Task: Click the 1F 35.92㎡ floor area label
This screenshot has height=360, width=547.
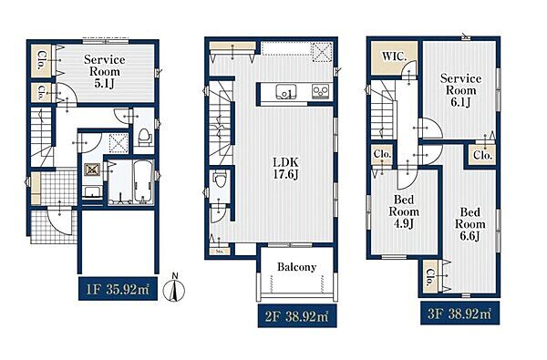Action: tap(118, 289)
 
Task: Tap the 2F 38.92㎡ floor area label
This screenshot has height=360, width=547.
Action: tap(297, 316)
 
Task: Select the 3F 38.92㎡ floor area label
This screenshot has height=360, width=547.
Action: tap(459, 314)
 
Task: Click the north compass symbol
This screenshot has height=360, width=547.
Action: tap(176, 288)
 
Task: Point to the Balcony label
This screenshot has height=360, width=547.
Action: tap(297, 267)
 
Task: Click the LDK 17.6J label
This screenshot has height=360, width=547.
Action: tap(285, 168)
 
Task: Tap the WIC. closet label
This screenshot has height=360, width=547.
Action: tap(394, 57)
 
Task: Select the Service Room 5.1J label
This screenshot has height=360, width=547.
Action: tap(104, 71)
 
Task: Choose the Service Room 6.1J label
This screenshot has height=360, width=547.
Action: tap(460, 90)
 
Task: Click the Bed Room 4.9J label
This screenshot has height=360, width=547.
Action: tap(404, 211)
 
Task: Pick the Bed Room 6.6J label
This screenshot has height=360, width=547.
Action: tap(470, 224)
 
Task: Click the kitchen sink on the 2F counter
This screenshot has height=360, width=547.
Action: tap(286, 92)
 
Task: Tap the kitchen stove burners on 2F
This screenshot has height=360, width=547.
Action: tap(320, 91)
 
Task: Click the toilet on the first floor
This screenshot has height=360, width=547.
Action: tap(144, 137)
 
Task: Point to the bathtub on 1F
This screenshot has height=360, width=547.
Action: tap(143, 181)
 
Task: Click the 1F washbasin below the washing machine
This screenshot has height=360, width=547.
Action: tap(92, 192)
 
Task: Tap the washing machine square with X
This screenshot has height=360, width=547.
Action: tap(92, 170)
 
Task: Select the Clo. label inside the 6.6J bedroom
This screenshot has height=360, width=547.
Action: tap(430, 276)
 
